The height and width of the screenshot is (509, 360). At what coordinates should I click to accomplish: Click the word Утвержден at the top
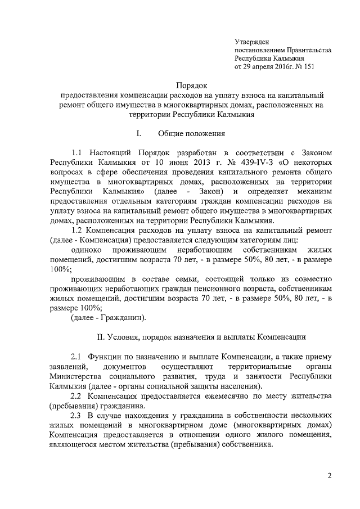pyautogui.click(x=251, y=41)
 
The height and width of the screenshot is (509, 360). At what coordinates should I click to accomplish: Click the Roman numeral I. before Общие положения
pyautogui.click(x=138, y=134)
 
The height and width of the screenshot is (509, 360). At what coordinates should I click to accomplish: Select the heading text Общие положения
pyautogui.click(x=191, y=134)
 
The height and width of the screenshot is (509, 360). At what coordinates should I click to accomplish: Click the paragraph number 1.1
pyautogui.click(x=77, y=152)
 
